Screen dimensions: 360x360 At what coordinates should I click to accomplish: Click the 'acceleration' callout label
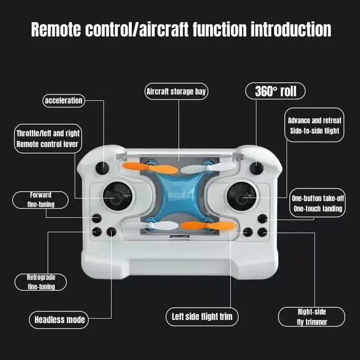(63, 100)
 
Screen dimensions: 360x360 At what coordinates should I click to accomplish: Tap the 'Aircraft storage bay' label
(176, 92)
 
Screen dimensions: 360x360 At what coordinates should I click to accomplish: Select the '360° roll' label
(275, 91)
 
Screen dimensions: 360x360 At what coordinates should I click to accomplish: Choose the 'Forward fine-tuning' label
(40, 200)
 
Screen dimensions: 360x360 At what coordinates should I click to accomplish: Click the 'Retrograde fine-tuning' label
(41, 282)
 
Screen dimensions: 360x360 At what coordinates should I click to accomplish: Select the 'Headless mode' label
(59, 320)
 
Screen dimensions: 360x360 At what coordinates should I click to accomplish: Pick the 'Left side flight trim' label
(202, 316)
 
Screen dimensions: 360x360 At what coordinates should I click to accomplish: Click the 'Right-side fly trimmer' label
(311, 317)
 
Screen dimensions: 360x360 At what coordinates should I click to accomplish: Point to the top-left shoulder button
(103, 168)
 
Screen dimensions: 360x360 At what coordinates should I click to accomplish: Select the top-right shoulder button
(257, 168)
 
